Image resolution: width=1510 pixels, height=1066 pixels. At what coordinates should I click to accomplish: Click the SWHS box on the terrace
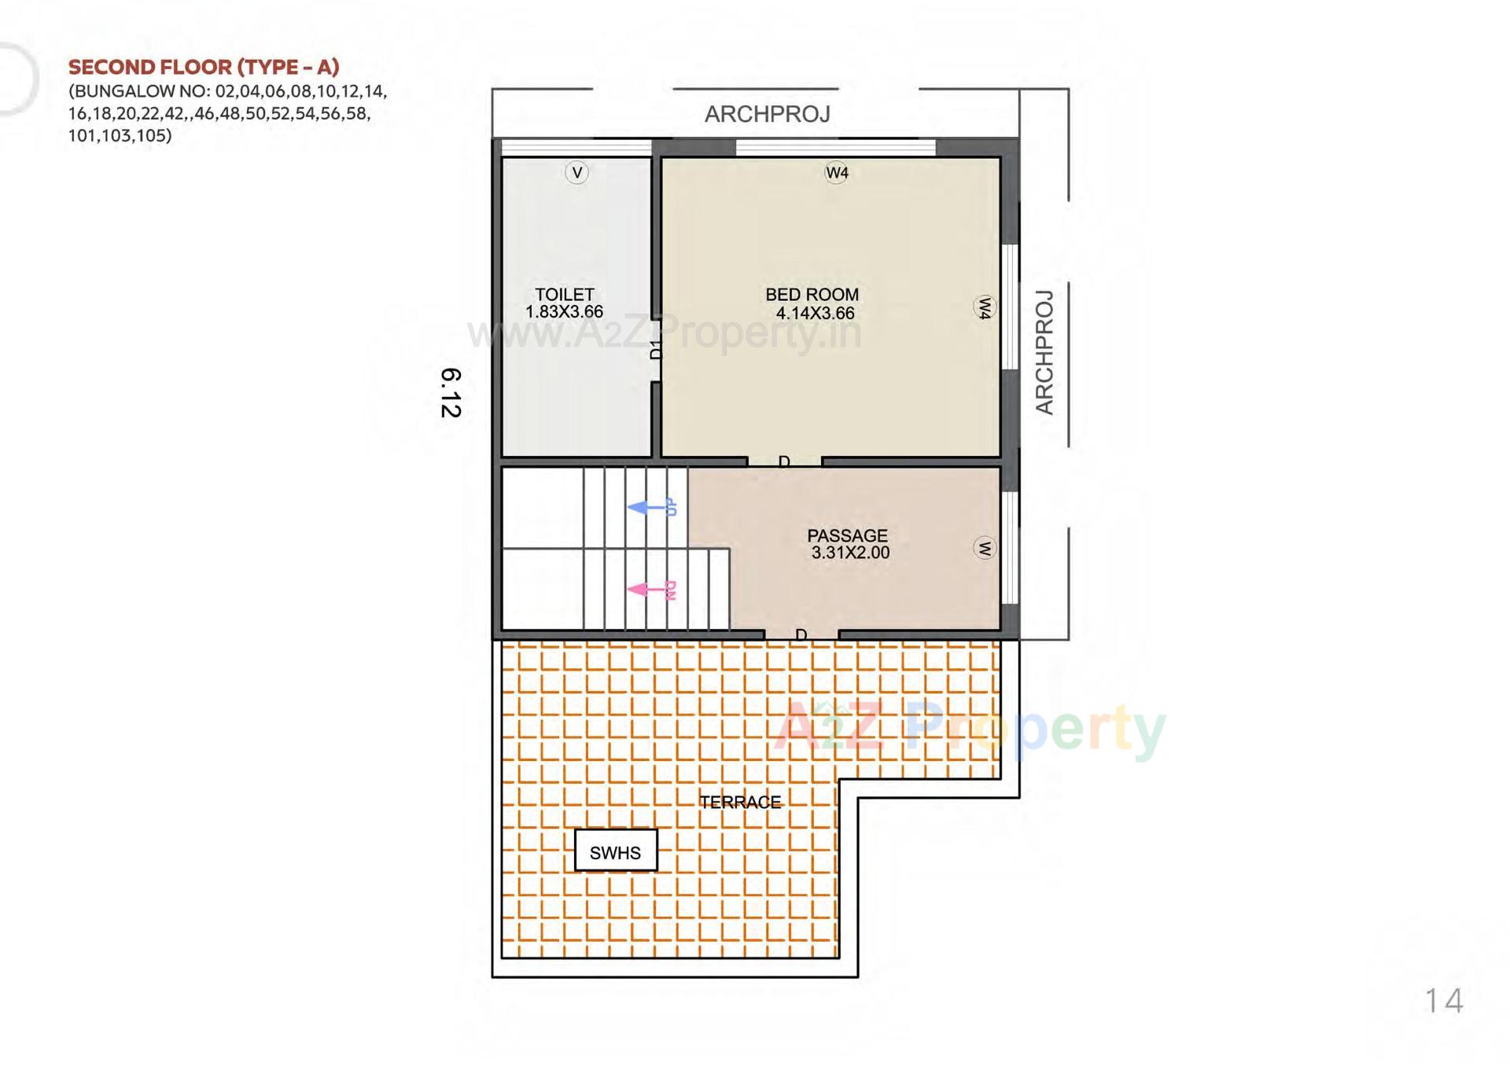[615, 851]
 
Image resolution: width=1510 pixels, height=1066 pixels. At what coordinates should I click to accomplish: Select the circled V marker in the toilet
[576, 172]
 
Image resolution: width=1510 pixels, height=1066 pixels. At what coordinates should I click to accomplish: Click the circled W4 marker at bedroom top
[836, 172]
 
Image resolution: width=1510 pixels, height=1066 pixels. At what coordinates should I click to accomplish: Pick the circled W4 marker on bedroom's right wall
[984, 307]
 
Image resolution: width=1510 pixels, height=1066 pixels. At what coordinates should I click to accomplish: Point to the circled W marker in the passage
[984, 548]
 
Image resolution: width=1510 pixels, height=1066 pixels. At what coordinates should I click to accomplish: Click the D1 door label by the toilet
[657, 349]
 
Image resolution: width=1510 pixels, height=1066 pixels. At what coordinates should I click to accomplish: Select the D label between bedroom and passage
[783, 461]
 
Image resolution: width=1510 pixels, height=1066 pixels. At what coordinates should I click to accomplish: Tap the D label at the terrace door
[801, 634]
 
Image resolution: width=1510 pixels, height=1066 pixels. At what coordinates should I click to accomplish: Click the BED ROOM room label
[812, 295]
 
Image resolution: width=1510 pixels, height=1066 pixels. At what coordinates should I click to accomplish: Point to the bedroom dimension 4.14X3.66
[815, 313]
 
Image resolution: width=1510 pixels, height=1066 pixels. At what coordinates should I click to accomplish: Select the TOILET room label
[564, 295]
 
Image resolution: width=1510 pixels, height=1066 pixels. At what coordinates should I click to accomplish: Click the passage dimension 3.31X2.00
[850, 553]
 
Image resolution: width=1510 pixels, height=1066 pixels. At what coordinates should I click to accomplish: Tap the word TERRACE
[740, 802]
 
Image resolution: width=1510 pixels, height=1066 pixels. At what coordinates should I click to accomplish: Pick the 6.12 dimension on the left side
[451, 392]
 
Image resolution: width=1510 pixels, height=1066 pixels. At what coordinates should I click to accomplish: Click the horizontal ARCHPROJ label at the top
[767, 115]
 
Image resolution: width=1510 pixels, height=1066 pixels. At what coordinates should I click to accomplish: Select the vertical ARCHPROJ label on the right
[1044, 351]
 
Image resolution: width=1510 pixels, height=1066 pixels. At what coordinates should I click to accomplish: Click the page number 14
[1443, 1001]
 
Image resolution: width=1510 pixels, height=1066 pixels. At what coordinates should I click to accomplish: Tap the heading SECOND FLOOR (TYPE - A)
[204, 67]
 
